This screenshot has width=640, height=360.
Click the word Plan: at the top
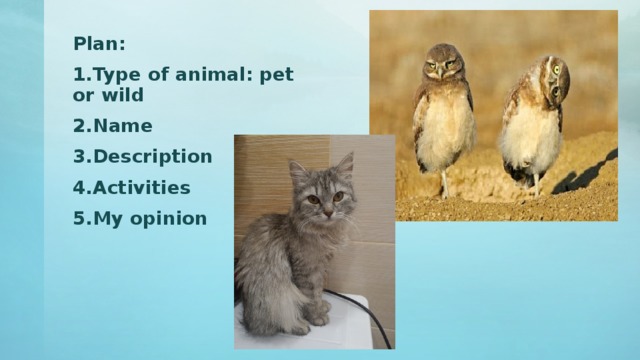point(99,44)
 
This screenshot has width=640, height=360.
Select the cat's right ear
point(345,163)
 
